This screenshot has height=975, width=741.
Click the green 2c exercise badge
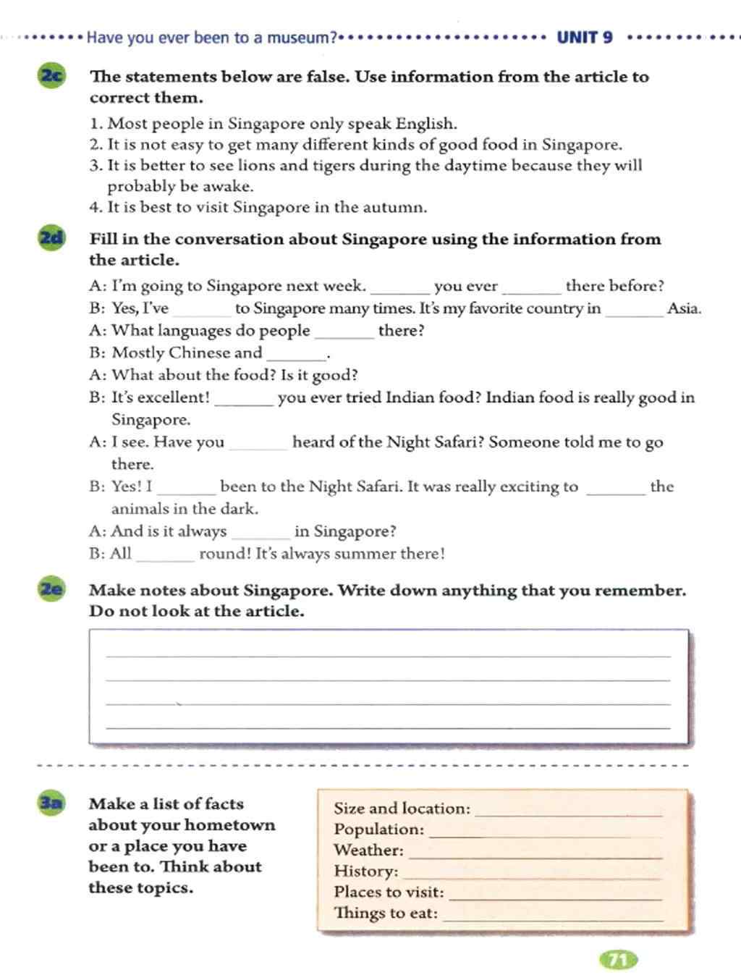(x=51, y=76)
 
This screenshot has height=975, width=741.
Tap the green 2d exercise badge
(x=51, y=238)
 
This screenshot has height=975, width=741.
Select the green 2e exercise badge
(x=51, y=589)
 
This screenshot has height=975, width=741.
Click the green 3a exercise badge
(x=51, y=803)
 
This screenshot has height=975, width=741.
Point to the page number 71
(x=618, y=960)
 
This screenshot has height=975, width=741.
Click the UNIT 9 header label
(x=585, y=38)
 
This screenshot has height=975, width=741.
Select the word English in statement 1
(x=426, y=124)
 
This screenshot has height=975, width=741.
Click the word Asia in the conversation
(x=683, y=308)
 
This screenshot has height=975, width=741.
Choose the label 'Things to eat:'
(x=386, y=913)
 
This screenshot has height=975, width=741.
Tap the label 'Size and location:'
(x=402, y=809)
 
